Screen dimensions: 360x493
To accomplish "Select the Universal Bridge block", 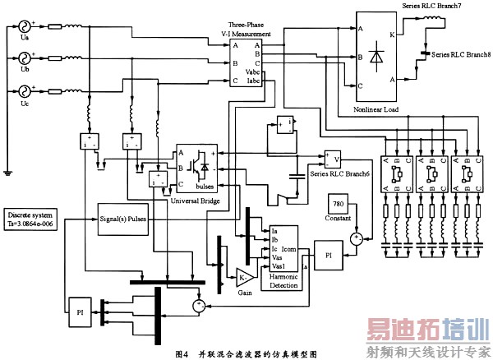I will tap(197, 169).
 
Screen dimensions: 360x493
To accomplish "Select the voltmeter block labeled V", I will tap(332, 157).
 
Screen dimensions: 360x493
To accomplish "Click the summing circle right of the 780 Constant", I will tap(356, 238).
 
